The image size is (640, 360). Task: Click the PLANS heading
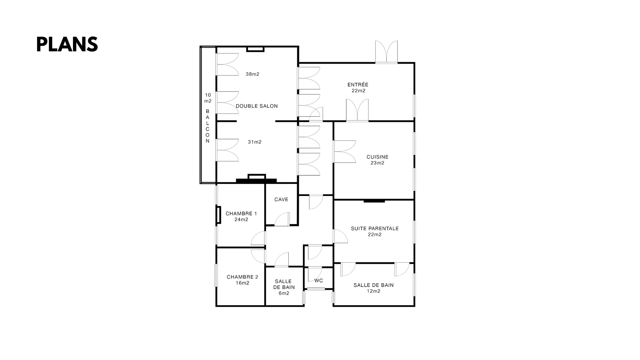pos(67,44)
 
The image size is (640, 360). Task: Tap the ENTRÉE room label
pos(358,85)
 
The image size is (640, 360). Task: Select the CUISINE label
pos(377,157)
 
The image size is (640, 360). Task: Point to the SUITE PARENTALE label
pos(375,229)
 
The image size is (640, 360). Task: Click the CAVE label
pos(281,200)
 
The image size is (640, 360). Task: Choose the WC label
pos(319,281)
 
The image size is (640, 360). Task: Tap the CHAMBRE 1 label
pos(241,214)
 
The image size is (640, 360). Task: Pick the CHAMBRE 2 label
pos(242,277)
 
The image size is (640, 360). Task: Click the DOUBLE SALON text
pos(257,106)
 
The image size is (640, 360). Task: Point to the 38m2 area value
pos(253,74)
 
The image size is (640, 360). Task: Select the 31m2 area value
pos(255,142)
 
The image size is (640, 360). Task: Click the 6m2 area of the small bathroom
pos(284,293)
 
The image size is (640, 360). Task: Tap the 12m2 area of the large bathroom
pos(374,291)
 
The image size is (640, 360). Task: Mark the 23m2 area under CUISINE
pos(377,163)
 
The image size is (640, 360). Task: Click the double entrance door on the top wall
pos(386,52)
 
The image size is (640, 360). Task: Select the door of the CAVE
pos(282,219)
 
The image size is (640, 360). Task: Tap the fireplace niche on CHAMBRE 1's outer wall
pos(218,215)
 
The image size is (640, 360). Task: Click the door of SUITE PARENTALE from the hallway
pos(340,236)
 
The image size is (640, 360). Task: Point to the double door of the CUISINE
pos(345,152)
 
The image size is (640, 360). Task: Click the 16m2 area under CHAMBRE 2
pos(242,283)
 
